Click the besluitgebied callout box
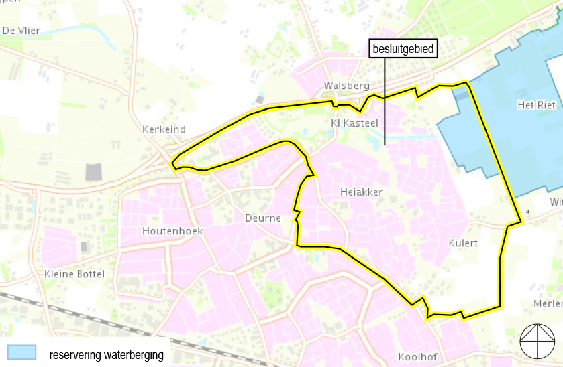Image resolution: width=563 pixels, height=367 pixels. click(403, 49)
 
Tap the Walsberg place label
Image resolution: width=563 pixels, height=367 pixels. click(346, 86)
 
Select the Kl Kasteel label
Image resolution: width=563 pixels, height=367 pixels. click(355, 123)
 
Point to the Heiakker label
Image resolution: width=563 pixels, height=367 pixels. click(362, 192)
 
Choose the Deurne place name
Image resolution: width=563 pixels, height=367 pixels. click(263, 218)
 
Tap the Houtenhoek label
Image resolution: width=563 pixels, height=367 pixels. click(172, 231)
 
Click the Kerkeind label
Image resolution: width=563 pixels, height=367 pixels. click(164, 129)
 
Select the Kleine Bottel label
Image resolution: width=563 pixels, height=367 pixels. click(74, 274)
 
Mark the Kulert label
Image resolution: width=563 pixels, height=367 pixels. click(463, 243)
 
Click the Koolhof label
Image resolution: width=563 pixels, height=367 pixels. click(418, 356)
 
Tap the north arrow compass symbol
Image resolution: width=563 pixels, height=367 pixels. click(538, 342)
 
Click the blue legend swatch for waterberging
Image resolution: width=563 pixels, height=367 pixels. click(21, 352)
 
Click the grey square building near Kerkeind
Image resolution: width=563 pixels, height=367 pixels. click(95, 171)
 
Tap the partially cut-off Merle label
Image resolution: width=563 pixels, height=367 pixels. click(548, 303)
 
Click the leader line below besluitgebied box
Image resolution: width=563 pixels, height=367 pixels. click(385, 100)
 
